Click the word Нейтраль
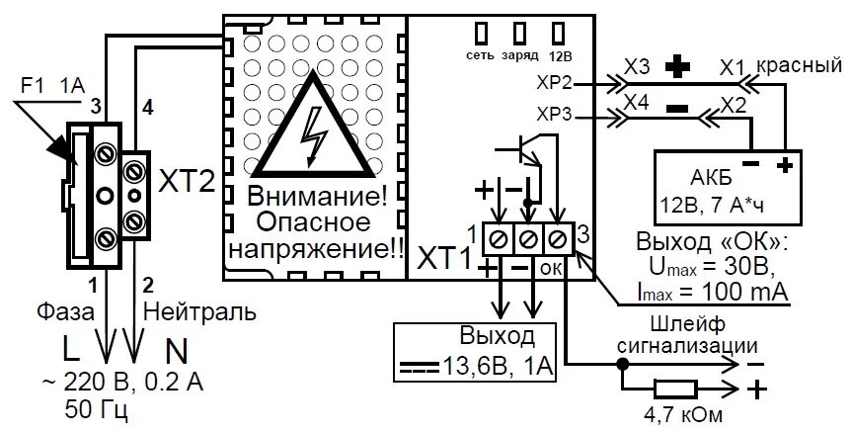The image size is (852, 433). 200,312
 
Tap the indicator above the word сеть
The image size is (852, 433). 483,32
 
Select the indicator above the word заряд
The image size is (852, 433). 520,32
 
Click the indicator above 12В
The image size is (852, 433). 559,32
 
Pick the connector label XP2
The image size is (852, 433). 555,83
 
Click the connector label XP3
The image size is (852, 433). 555,115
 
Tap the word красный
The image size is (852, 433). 799,65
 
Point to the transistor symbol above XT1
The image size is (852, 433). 523,150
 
